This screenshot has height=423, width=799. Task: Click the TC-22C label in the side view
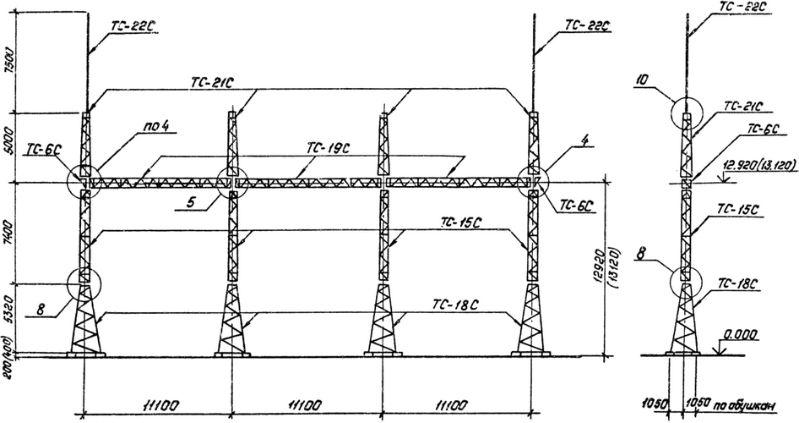(743, 8)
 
